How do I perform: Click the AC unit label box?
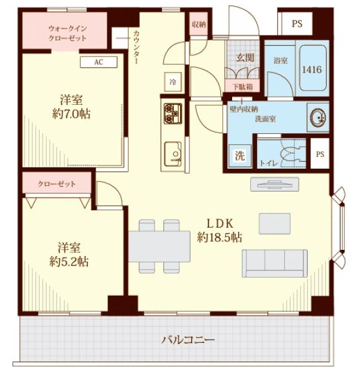point(99,62)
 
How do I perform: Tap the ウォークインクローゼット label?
point(68,33)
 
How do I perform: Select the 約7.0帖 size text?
point(71,114)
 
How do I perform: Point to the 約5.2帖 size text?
point(69,262)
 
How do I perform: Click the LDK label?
point(220,223)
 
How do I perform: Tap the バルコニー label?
point(188,340)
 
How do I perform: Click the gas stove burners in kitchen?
point(173,113)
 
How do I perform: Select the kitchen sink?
point(173,154)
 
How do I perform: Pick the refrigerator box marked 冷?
point(173,82)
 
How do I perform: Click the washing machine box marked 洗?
point(240,156)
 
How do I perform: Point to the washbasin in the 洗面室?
point(318,117)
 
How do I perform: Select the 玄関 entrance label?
point(245,58)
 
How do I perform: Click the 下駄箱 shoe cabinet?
point(243,86)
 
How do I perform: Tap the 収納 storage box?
point(199,24)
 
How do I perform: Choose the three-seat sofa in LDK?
point(275,263)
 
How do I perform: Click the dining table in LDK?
point(160,246)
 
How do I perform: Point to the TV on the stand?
point(275,184)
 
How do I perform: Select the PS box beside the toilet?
point(320,154)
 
